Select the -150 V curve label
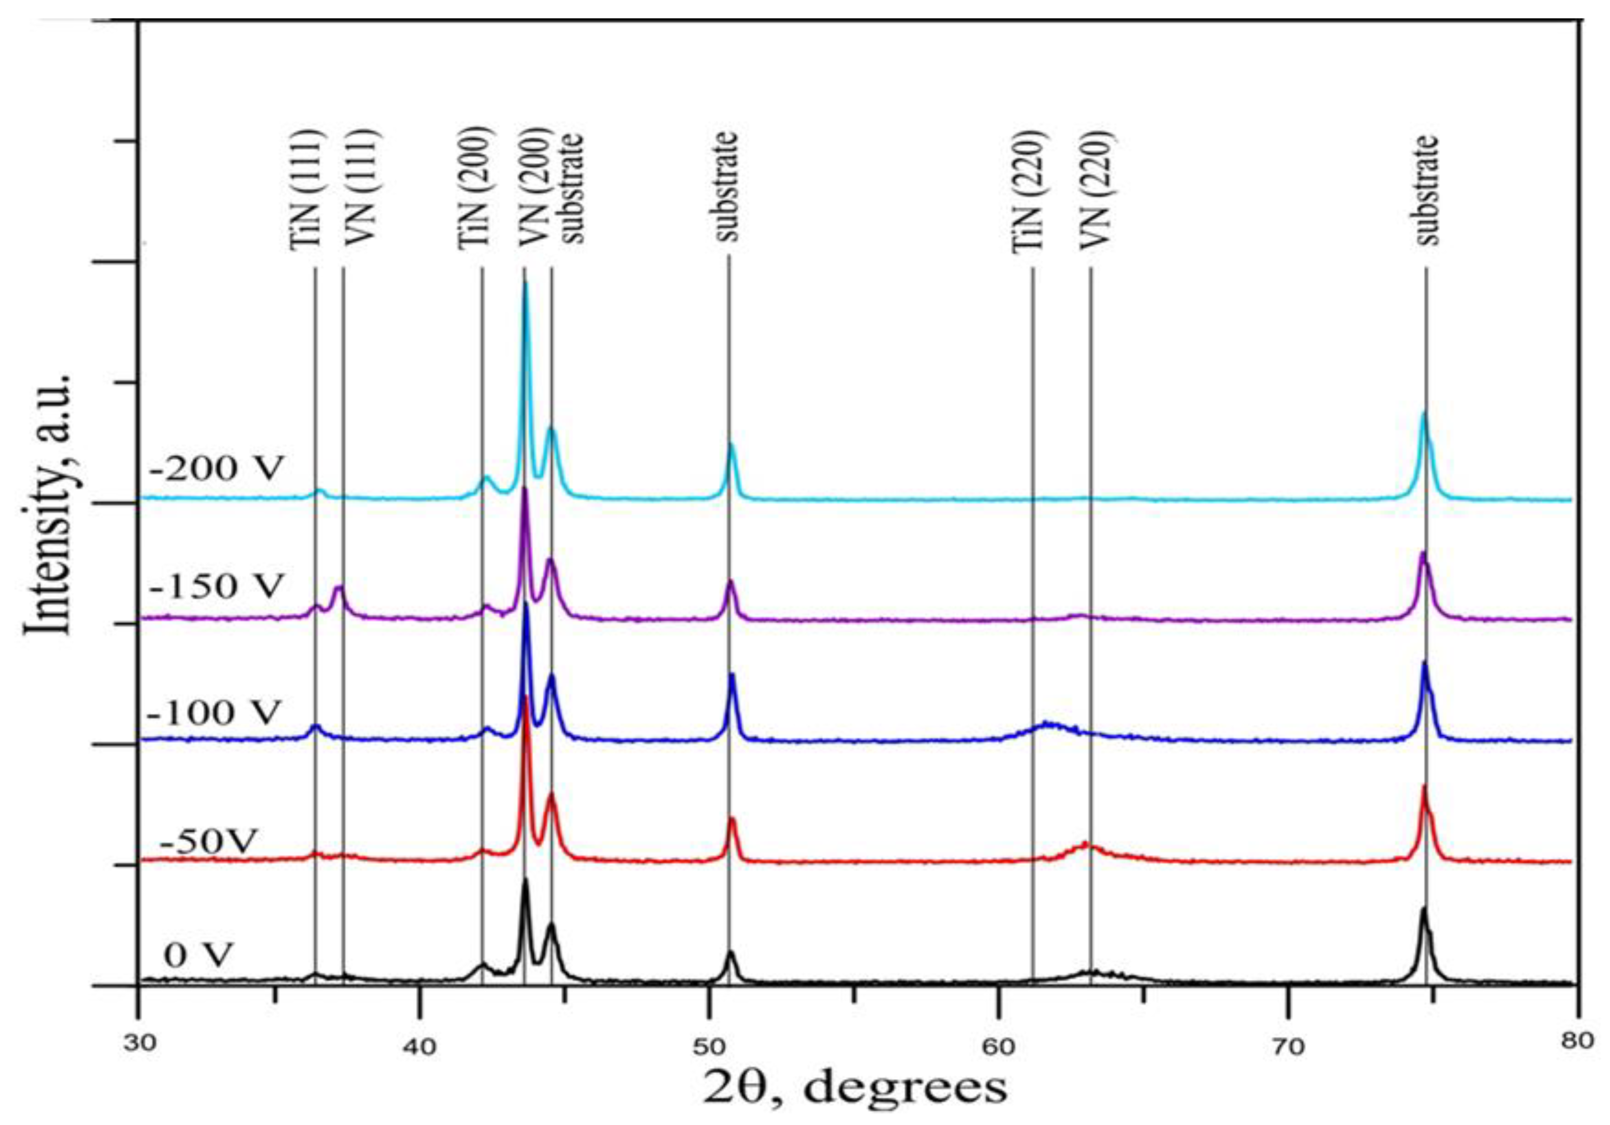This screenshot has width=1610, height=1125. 216,586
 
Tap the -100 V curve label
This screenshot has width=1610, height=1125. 215,713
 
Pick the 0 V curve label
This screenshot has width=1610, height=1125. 199,955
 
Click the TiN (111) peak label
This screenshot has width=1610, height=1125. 306,188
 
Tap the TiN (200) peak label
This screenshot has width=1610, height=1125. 473,188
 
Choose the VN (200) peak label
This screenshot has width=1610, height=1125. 532,188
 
